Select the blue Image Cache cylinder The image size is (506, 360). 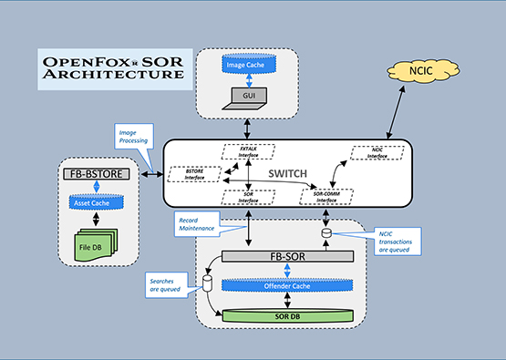point(249,65)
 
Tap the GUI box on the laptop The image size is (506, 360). point(248,94)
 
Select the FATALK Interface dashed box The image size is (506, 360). point(248,151)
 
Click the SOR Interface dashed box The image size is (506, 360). point(247,196)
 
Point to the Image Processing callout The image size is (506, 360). point(133,138)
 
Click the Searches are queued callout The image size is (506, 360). point(166,287)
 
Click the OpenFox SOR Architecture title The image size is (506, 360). point(111,68)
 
